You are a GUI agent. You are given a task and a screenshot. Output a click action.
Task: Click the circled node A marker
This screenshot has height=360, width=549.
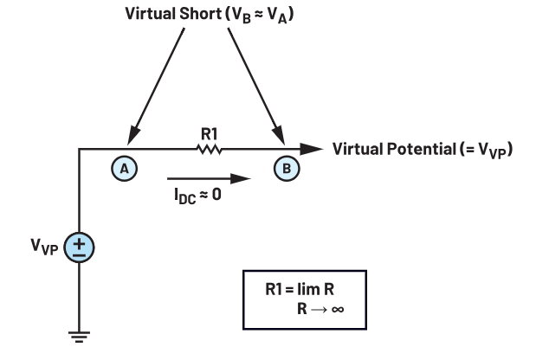pos(125,169)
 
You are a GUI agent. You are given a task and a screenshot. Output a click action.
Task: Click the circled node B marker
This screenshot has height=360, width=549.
pos(287,169)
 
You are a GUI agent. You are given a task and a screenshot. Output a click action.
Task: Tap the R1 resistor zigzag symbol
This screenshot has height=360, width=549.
pos(210,149)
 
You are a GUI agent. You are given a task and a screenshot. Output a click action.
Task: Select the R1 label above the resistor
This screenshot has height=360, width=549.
pos(210,133)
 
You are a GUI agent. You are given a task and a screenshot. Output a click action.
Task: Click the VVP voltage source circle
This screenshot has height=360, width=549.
pos(79,247)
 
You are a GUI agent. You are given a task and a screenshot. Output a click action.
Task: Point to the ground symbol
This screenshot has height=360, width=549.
pos(79,337)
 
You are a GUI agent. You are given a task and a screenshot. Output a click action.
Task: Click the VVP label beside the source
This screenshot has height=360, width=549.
pos(44,247)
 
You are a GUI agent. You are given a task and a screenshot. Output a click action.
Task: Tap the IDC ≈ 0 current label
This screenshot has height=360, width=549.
pos(197,196)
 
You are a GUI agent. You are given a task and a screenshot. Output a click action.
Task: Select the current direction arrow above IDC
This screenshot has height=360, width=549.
pos(209,178)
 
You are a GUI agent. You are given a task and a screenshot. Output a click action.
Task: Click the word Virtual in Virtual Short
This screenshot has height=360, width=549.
pos(151,14)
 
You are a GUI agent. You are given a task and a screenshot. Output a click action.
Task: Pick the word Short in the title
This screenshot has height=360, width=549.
pos(201,14)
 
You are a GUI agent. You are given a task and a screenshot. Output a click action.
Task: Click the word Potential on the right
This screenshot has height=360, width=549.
pos(421,149)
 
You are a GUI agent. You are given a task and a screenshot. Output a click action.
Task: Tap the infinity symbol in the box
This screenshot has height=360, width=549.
pos(337,309)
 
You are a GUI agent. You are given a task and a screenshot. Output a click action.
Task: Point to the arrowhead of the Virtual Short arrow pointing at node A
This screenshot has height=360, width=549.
pos(133,136)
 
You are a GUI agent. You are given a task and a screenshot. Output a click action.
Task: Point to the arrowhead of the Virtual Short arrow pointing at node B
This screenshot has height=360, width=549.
pos(279,136)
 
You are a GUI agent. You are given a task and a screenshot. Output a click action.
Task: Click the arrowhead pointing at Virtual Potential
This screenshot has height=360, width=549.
pos(311,149)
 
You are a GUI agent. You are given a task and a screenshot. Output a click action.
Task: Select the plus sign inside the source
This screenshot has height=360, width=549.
pos(80,243)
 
